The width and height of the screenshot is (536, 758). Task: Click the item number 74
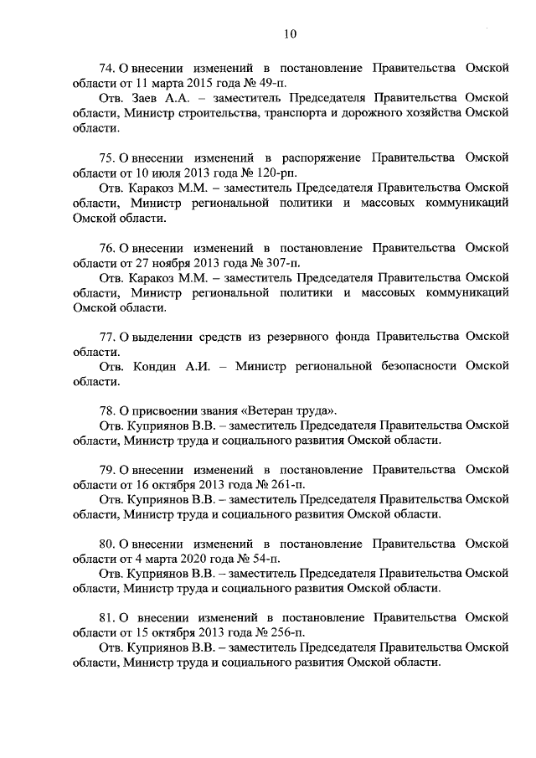(106, 68)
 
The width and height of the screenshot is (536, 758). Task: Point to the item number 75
(106, 158)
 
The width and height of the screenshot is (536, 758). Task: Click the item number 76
(106, 248)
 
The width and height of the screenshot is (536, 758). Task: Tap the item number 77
(106, 338)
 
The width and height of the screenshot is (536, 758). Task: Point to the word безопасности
(414, 367)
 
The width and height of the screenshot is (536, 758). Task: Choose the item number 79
(106, 471)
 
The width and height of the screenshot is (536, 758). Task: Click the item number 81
(106, 618)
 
